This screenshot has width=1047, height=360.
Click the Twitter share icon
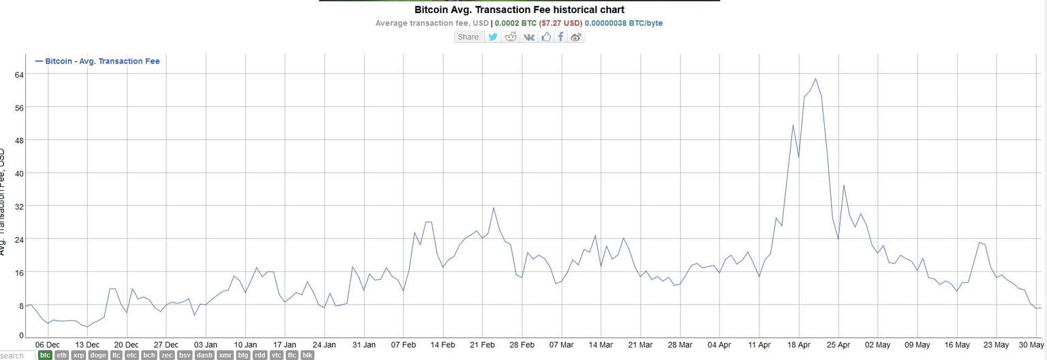(x=493, y=37)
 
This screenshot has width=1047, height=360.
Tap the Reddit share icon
(x=511, y=37)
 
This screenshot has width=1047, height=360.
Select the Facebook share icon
(x=560, y=37)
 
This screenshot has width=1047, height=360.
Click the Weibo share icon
(x=576, y=37)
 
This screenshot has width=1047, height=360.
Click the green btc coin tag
(x=45, y=355)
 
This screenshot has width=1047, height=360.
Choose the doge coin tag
(x=97, y=355)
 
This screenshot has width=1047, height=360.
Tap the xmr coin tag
(x=225, y=355)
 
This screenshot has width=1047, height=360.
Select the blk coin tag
(x=307, y=355)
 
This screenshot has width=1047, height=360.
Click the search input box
(x=17, y=355)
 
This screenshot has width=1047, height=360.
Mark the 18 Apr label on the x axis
(x=799, y=344)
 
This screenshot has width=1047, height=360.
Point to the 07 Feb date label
(x=404, y=344)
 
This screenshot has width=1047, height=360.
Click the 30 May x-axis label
(x=1031, y=344)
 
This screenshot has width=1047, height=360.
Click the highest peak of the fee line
(x=815, y=78)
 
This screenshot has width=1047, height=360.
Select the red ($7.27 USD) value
(x=561, y=23)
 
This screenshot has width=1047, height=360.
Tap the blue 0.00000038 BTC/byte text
(x=623, y=23)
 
